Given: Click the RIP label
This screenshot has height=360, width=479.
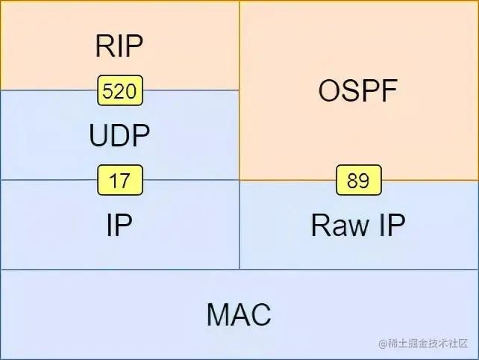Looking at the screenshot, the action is click(x=119, y=46).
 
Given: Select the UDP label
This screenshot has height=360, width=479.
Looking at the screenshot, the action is click(x=119, y=136).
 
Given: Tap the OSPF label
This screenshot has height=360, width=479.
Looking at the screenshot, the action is click(x=359, y=91).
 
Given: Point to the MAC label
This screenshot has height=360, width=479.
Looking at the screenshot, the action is click(x=239, y=315).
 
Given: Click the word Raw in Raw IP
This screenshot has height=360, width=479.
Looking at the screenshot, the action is click(x=334, y=226).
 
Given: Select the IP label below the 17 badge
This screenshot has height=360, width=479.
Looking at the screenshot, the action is click(x=119, y=226).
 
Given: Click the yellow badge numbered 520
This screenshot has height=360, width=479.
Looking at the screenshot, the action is click(x=119, y=91).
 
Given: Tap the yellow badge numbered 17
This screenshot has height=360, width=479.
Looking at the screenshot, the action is click(x=119, y=181).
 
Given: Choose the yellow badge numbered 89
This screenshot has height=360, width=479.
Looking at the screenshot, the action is click(x=359, y=181).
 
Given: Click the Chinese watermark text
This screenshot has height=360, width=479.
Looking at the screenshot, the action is click(x=426, y=344).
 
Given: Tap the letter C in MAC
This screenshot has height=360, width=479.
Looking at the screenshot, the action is click(x=260, y=315).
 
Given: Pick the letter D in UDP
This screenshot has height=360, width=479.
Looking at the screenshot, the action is click(x=119, y=136).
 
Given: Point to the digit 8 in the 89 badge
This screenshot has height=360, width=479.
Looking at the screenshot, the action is click(x=353, y=181).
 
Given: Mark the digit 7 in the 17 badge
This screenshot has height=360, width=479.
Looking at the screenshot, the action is click(x=125, y=181).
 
